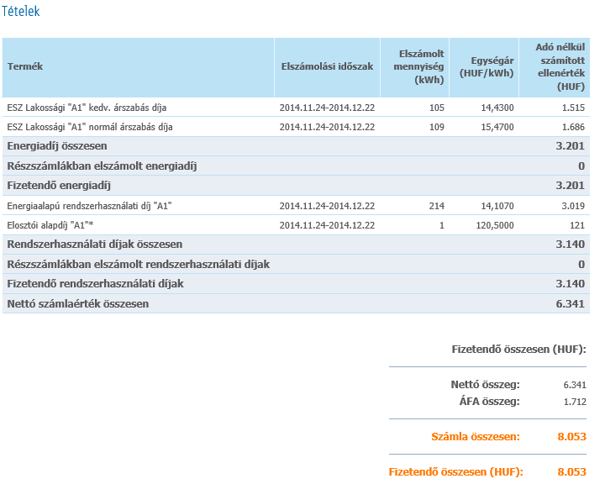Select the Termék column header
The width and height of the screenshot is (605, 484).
click(x=25, y=66)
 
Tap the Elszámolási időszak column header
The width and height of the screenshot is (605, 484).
click(x=327, y=66)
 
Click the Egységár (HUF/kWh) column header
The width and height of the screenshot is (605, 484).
click(x=483, y=66)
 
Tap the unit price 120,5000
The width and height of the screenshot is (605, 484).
click(x=496, y=224)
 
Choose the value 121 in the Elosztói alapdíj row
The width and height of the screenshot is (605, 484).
click(x=576, y=224)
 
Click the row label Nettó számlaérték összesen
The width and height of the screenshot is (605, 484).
click(x=77, y=303)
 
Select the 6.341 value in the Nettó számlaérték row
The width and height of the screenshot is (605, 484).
click(x=570, y=303)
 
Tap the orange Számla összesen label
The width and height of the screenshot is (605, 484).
click(x=475, y=437)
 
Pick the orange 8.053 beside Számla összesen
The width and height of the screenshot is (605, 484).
click(x=571, y=437)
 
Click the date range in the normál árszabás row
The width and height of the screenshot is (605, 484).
click(x=327, y=127)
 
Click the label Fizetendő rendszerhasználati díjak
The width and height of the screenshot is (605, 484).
click(x=95, y=284)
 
